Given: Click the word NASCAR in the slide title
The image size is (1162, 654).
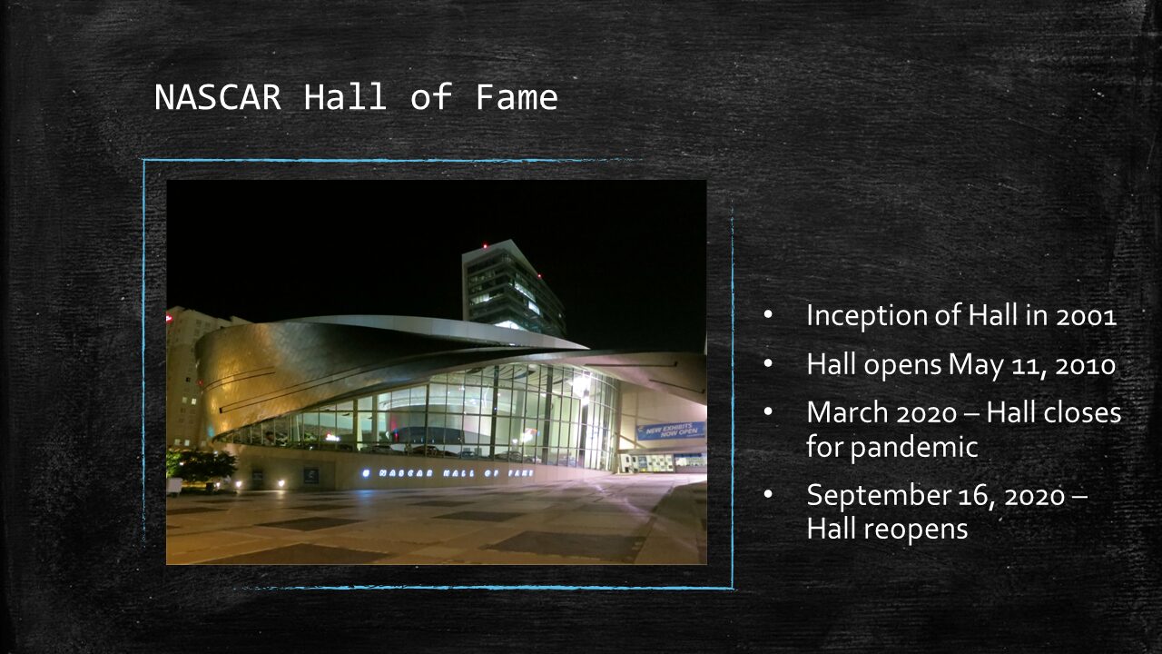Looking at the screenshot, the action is (218, 97).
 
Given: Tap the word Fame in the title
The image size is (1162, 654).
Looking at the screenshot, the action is (517, 97).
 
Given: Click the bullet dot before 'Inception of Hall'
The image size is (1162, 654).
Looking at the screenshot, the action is (768, 314).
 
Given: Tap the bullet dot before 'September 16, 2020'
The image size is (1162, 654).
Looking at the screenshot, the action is (768, 495).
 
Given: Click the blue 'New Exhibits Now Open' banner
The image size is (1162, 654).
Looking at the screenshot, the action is (671, 431).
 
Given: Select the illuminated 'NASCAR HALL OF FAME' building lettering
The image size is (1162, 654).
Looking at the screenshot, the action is (448, 473).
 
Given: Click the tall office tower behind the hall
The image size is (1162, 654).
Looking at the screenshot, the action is (511, 288).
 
